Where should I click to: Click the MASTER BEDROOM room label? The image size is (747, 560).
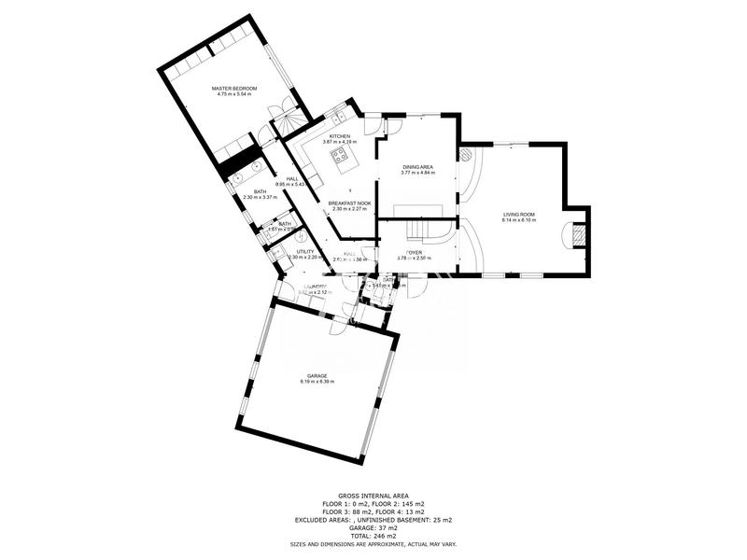[x=235, y=88]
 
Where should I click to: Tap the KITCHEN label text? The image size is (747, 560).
[x=339, y=136]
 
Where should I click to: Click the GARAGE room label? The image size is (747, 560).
[x=317, y=375]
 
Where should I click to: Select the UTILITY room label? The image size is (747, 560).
[x=305, y=251]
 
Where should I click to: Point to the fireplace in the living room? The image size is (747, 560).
[x=579, y=232]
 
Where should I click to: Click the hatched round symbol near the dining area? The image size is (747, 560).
[x=464, y=154]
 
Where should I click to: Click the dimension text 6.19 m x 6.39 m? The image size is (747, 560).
[x=317, y=382]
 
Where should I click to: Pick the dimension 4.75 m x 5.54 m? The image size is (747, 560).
[x=235, y=94]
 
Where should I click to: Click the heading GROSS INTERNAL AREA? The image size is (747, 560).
[x=373, y=497]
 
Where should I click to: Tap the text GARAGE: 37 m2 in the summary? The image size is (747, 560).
[x=373, y=526]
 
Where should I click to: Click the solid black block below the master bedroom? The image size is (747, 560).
[x=238, y=156]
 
